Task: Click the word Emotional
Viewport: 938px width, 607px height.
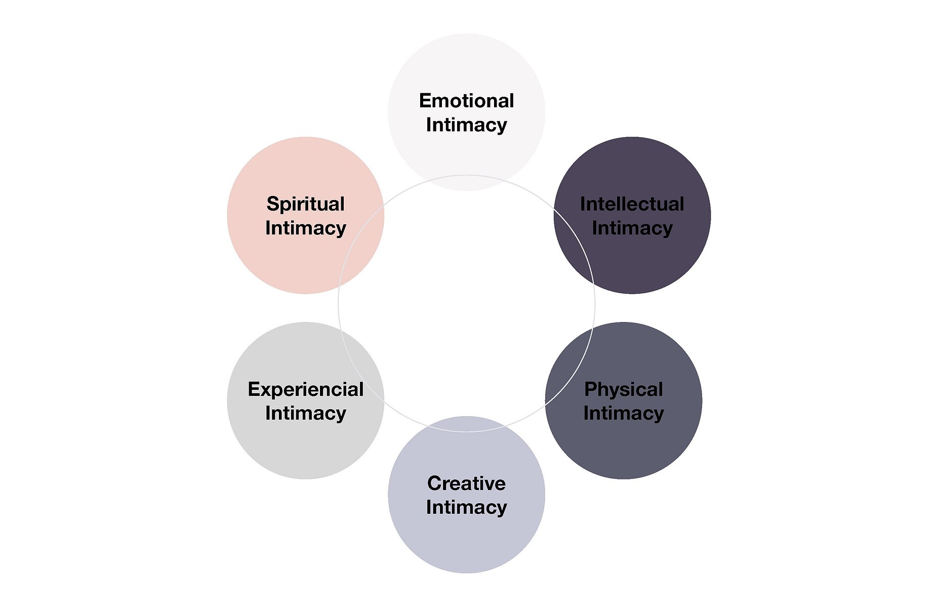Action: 466,101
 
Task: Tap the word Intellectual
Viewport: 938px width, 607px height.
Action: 632,204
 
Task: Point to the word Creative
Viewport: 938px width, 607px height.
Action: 466,483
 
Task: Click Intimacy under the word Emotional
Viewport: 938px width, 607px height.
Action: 466,126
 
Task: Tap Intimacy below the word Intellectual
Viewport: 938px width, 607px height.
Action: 632,229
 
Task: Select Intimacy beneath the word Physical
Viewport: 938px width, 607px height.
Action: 624,414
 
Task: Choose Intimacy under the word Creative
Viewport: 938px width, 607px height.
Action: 466,508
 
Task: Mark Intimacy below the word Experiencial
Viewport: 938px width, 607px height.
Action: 306,414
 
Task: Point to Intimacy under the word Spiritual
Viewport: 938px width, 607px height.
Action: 306,229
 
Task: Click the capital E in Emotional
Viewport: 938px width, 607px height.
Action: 425,101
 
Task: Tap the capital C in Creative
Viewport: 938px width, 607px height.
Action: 435,483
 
